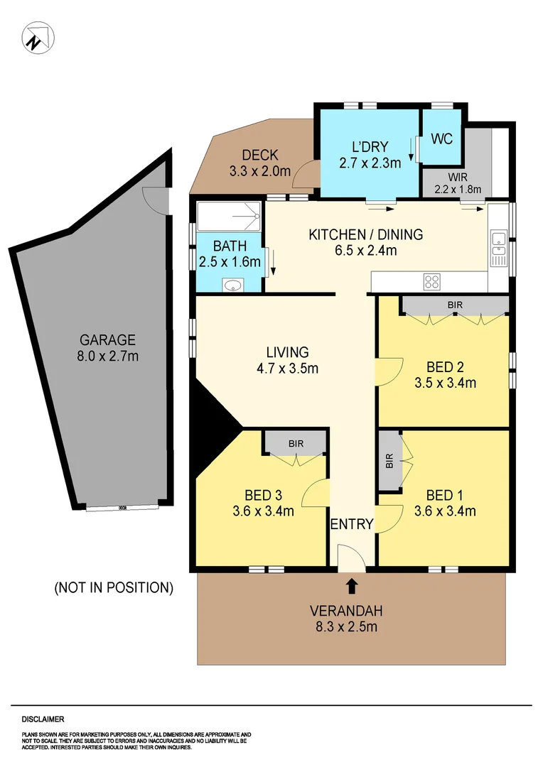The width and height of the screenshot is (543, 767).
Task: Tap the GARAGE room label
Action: coord(107,340)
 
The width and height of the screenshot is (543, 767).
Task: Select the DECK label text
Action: coord(259,156)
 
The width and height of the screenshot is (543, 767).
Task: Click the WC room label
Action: coord(442,138)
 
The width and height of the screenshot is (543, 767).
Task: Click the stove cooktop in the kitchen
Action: coord(431,282)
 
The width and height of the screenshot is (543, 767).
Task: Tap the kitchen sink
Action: coord(499,243)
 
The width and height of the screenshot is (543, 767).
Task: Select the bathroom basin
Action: coord(231,285)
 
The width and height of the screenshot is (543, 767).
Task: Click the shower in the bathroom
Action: coord(229,218)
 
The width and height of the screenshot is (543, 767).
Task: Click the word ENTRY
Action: coord(352,525)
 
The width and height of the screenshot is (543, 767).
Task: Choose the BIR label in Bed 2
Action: coord(455,305)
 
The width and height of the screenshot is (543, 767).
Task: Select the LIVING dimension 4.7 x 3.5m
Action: coord(287,368)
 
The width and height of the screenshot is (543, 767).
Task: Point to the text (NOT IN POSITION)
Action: coord(114,587)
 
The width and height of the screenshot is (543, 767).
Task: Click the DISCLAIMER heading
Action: coord(43,719)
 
